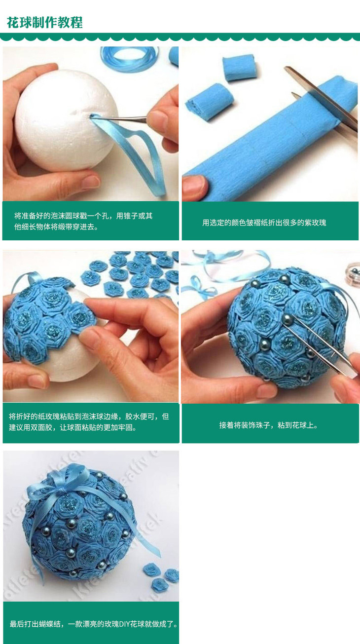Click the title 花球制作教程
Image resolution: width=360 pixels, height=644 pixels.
[x=45, y=22]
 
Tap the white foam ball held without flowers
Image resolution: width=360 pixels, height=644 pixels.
[x=66, y=120]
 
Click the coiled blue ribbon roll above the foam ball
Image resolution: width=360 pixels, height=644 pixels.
[x=129, y=59]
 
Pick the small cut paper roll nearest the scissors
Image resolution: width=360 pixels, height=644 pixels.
[x=239, y=67]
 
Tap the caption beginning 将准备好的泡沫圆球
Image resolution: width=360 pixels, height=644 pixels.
[x=83, y=221]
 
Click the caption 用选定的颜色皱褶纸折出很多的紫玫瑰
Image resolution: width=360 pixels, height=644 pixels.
[x=264, y=223]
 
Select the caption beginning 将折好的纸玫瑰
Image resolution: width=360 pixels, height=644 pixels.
[x=89, y=422]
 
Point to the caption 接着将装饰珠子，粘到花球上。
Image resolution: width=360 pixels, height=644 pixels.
[x=269, y=425]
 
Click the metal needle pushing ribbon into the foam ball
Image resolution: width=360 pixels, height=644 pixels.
[x=121, y=117]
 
